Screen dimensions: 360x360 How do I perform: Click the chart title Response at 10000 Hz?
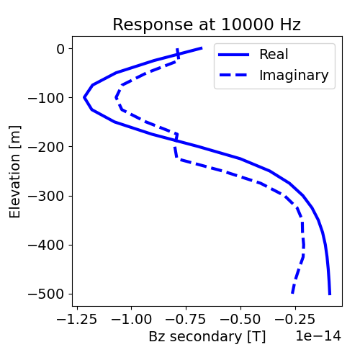(207, 25)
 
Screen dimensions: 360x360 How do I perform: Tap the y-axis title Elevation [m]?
(15, 171)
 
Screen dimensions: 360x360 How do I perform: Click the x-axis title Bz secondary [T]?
(207, 336)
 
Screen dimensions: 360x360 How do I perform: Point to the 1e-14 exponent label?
(318, 336)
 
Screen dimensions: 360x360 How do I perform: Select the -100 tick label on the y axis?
(50, 98)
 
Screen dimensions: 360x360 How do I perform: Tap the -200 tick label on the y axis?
(50, 147)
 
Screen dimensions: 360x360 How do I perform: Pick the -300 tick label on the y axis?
(50, 196)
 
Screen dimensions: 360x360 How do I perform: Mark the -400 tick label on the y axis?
(50, 245)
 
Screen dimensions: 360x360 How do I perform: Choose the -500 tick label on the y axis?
(50, 294)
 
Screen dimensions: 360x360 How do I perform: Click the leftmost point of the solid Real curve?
(84, 97)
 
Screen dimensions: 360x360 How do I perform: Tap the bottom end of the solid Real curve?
(330, 294)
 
